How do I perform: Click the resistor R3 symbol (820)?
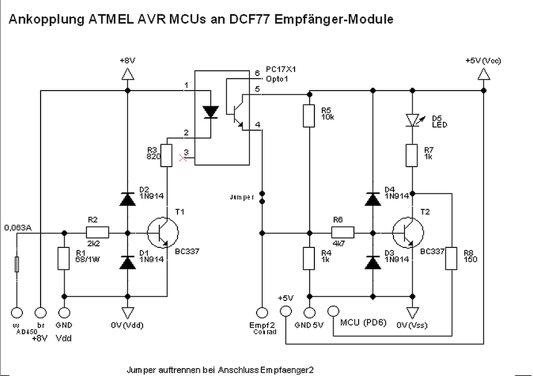tap(166, 155)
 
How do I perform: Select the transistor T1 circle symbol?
tap(162, 233)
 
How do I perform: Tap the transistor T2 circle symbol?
tap(408, 233)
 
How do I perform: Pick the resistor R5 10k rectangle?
tap(310, 116)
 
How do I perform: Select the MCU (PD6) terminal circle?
tap(334, 312)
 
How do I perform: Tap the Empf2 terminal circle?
tap(262, 312)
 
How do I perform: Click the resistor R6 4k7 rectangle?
tap(343, 232)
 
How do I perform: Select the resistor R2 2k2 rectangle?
tap(97, 232)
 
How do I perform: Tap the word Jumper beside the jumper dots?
tap(242, 197)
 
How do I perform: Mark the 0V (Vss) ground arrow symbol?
tap(412, 312)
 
